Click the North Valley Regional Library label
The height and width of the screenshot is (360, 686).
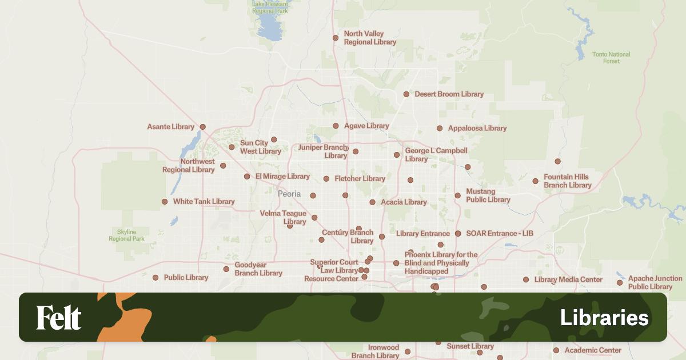370,38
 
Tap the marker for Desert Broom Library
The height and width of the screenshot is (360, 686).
406,94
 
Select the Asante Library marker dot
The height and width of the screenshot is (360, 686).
202,127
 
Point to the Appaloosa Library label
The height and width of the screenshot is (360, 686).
477,129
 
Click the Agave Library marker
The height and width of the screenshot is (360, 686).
336,126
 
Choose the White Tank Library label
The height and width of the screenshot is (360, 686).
204,202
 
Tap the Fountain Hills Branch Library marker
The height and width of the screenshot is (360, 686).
536,181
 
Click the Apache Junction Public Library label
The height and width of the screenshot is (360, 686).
655,282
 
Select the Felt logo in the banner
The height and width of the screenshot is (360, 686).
59,318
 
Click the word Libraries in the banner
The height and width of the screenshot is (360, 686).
604,318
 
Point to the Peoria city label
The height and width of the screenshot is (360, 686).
289,194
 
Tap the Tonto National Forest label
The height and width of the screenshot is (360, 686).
611,58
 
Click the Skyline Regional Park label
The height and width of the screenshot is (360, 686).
126,235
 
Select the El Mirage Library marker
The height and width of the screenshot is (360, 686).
247,177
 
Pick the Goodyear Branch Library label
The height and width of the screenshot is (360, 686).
258,269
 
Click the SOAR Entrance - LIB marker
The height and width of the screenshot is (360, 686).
458,234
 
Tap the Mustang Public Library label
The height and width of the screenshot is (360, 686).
488,195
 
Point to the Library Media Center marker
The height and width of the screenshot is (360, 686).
526,280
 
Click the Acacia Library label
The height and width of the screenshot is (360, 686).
404,202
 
